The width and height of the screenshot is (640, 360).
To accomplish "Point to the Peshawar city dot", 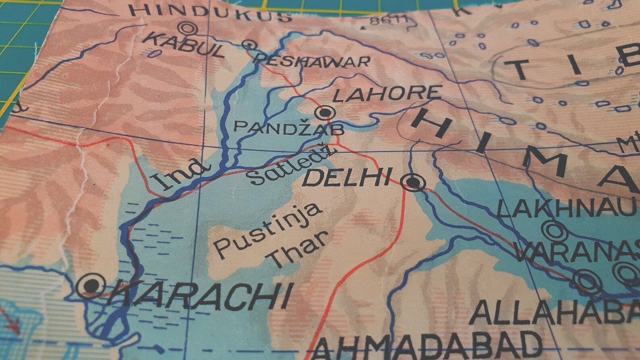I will [x=249, y=44].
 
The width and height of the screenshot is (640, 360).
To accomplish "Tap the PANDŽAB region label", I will [x=289, y=129].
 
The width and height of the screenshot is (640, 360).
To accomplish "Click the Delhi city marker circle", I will [x=414, y=183].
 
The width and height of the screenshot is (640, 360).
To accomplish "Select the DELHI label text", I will [x=347, y=178].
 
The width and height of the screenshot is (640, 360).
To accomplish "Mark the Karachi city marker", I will [x=91, y=286].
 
